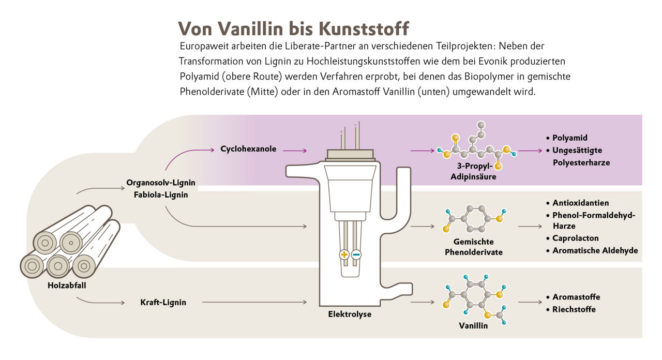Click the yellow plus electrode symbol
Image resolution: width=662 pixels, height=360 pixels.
(x=344, y=254)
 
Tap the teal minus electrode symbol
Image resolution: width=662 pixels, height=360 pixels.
(x=356, y=254)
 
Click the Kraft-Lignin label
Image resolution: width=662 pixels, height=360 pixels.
(x=163, y=303)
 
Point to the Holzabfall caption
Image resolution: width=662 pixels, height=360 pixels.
(x=67, y=285)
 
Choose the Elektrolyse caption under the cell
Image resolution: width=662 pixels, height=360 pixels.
(x=350, y=314)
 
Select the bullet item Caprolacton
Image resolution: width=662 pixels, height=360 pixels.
(x=575, y=238)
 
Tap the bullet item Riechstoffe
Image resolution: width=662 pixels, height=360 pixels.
(x=574, y=309)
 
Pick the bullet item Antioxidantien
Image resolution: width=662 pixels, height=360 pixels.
(x=580, y=203)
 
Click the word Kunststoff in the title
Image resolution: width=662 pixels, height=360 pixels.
(x=363, y=28)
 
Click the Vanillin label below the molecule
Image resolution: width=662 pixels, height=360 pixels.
(x=473, y=326)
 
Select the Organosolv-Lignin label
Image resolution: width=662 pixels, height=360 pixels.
(x=160, y=183)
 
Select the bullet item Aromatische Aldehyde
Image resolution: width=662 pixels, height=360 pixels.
(x=595, y=250)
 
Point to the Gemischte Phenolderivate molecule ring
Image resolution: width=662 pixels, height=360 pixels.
(x=474, y=218)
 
